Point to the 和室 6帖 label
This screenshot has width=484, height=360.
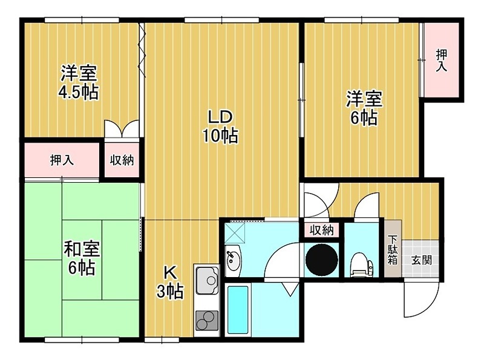82,258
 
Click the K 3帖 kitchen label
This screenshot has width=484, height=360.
170,281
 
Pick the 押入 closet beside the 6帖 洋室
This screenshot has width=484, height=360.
442,59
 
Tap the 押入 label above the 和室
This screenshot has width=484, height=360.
62,160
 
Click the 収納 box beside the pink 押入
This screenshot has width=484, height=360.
122,160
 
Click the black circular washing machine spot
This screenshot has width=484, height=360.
322,259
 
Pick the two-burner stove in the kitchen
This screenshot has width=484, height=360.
206,319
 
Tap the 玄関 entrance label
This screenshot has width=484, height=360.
418,261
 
